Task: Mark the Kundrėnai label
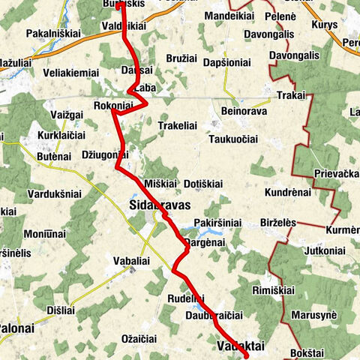(287, 193)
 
